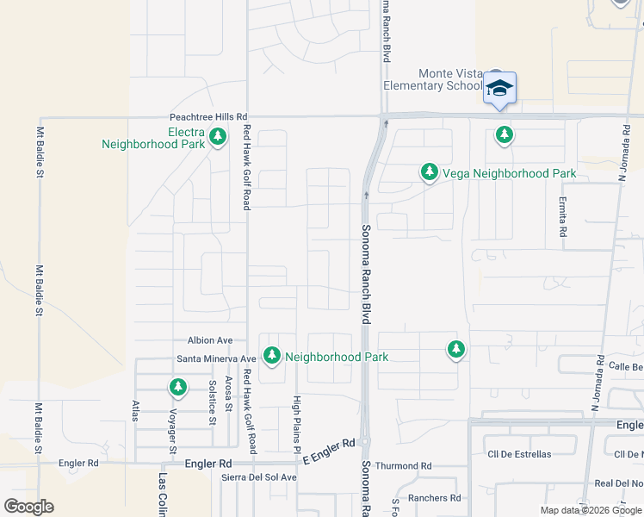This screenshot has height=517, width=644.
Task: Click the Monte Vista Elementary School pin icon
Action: tap(499, 89)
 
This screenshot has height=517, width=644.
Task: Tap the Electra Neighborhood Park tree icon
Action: tap(218, 136)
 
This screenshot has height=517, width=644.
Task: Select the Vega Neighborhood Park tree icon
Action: tap(429, 173)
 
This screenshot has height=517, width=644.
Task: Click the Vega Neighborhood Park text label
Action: tap(509, 173)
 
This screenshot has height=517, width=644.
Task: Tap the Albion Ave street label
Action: tap(211, 340)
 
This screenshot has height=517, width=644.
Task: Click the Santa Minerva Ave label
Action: tap(216, 358)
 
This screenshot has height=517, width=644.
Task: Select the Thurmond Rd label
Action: tap(403, 466)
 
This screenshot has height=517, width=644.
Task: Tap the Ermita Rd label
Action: tap(563, 220)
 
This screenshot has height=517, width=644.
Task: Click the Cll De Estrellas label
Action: tap(519, 454)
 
